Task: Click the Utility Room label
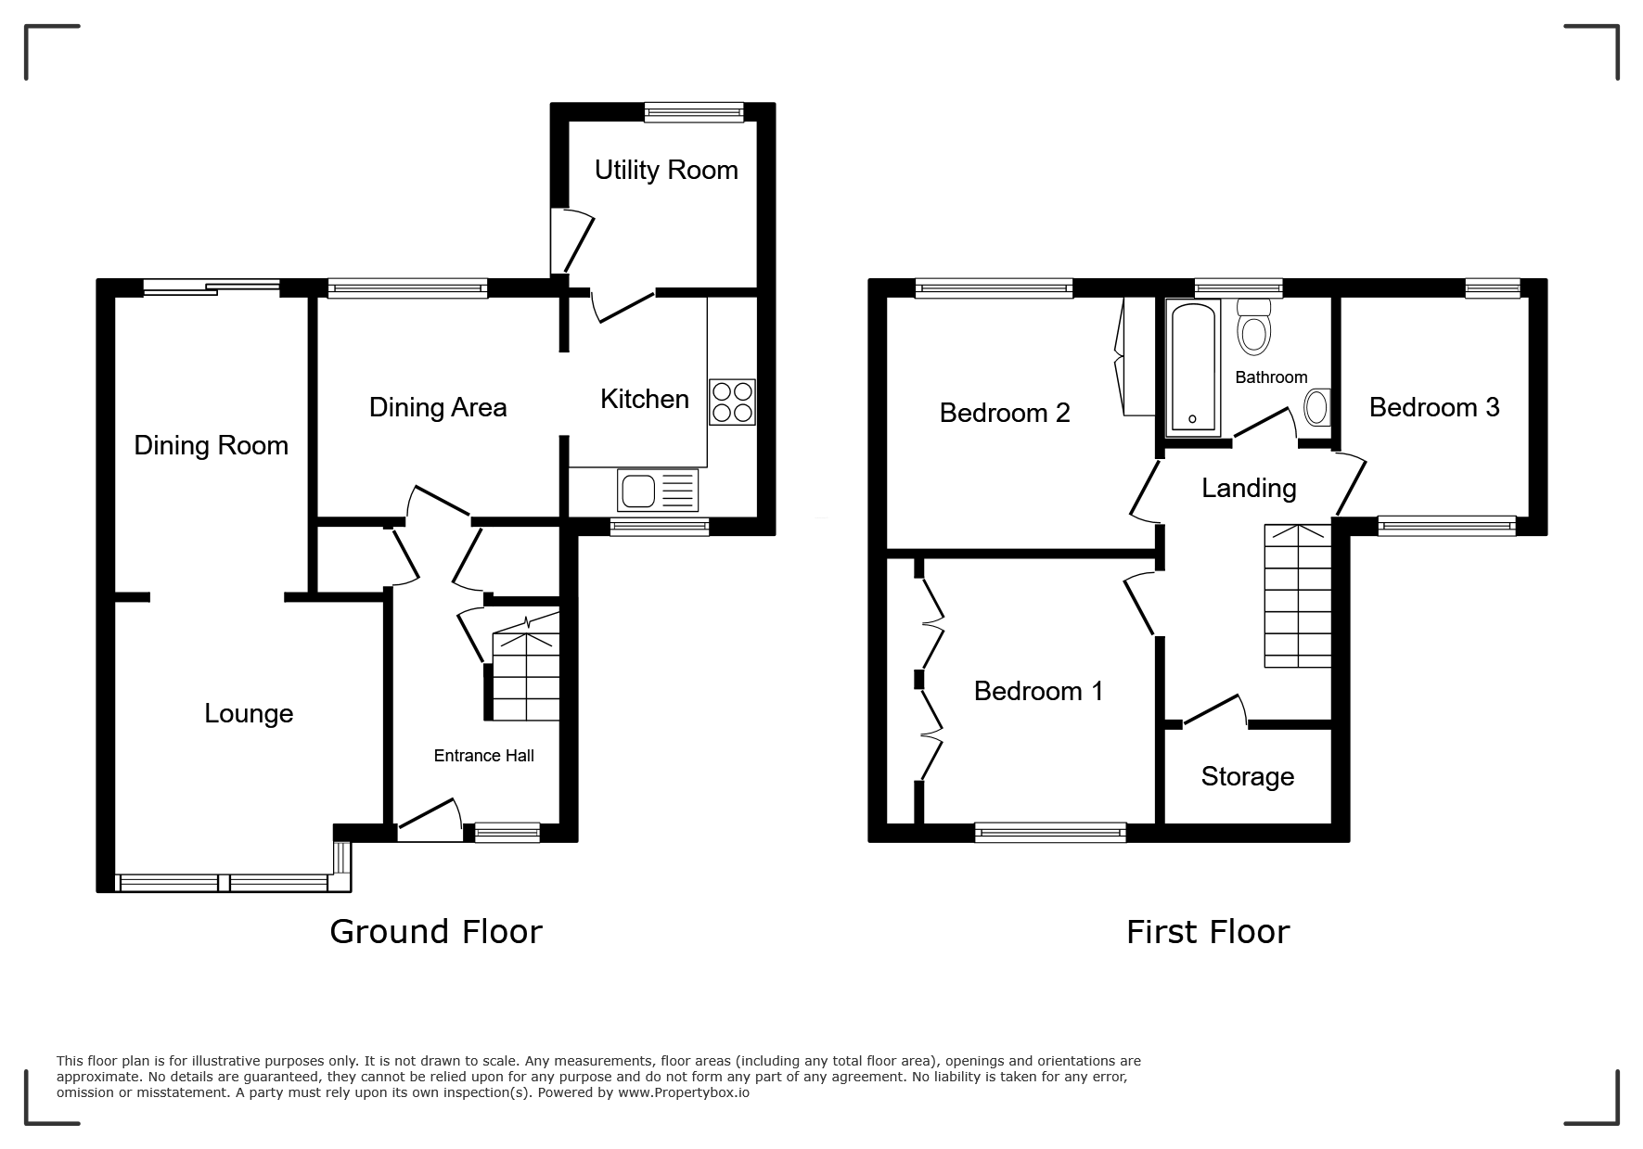(666, 171)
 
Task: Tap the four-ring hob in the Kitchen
(732, 402)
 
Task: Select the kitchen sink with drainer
(659, 491)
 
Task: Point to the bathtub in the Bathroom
(1192, 368)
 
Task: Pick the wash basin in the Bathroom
(1316, 406)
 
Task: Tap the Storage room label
(1247, 776)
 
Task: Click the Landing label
(1249, 489)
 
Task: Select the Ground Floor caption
(436, 931)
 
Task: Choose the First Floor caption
(1208, 931)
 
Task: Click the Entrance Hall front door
(430, 821)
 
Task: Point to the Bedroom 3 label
(1434, 407)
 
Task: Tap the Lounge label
(249, 713)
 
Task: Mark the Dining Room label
(212, 446)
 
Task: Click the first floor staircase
(1298, 595)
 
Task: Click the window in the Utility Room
(695, 112)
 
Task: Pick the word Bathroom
(1271, 377)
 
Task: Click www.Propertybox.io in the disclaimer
(684, 1092)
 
